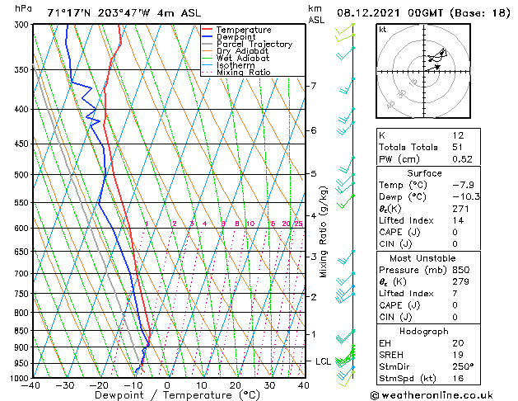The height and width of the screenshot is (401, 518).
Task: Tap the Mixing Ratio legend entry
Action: (x=244, y=73)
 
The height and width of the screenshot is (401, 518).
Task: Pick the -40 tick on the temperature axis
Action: (x=32, y=385)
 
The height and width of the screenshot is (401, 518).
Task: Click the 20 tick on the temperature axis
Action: (x=236, y=385)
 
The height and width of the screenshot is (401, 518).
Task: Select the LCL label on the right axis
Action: (x=324, y=361)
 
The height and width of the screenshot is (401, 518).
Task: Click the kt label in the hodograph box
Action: (x=382, y=30)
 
